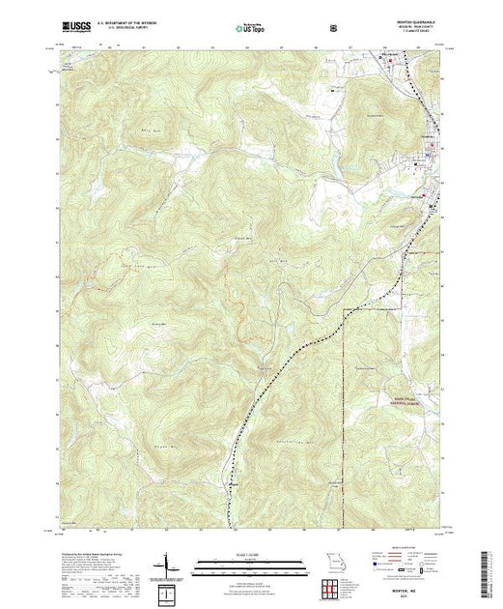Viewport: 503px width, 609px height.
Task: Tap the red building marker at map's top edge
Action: [x=393, y=61]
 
